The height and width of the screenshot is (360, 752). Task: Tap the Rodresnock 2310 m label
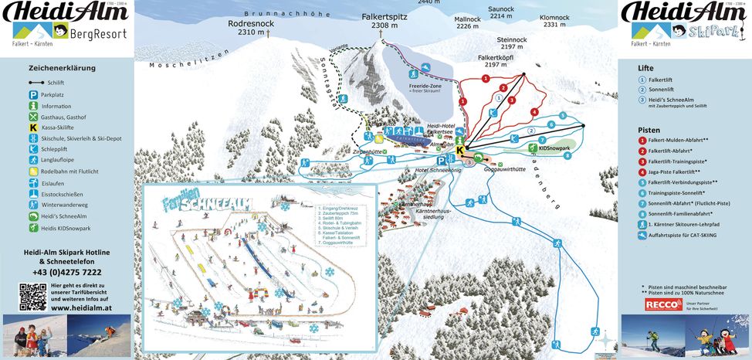coord(251,29)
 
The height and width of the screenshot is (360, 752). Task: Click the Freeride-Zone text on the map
coord(425,85)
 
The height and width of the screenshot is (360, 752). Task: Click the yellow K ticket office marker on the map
coord(461,150)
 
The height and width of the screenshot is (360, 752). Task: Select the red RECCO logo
coord(661,305)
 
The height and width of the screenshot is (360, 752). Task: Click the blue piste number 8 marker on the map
coord(567,155)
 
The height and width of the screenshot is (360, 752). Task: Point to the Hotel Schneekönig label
coord(438,168)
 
